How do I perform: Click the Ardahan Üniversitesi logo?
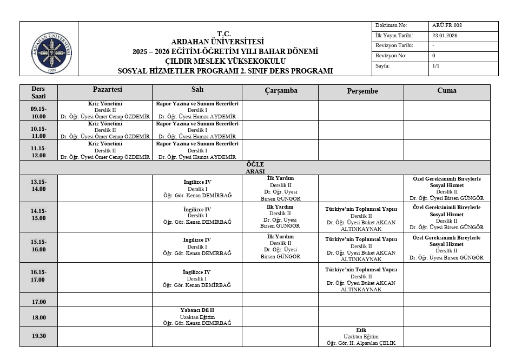(x=51, y=53)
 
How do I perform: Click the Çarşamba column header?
(x=281, y=91)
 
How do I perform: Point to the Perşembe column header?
(x=362, y=91)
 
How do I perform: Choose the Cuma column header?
(x=446, y=91)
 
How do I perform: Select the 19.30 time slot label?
(x=38, y=336)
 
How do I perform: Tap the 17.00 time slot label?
(x=38, y=302)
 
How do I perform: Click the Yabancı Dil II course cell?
(x=197, y=317)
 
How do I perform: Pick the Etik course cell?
(x=361, y=336)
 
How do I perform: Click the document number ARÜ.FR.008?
(x=447, y=25)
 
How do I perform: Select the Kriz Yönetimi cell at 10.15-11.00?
(x=105, y=130)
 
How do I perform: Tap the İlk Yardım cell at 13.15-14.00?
(x=280, y=188)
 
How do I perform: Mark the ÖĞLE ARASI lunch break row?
(x=255, y=168)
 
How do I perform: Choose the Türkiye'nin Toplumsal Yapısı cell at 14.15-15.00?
(x=361, y=218)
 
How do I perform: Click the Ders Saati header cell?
(x=38, y=92)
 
